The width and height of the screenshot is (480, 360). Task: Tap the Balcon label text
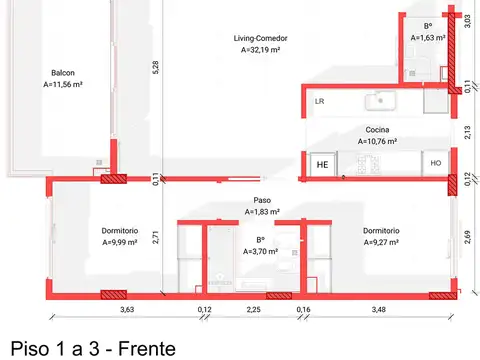tap(62, 73)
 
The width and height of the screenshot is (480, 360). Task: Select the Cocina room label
tap(378, 130)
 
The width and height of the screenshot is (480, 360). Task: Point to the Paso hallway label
tap(262, 199)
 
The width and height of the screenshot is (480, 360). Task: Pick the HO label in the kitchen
tap(436, 163)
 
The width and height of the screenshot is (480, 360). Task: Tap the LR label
tap(320, 102)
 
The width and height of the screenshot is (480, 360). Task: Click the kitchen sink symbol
tap(381, 100)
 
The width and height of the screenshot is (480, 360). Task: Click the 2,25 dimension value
tap(254, 310)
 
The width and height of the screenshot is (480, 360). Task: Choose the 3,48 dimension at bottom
tap(378, 310)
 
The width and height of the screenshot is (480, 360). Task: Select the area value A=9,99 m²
tap(125, 241)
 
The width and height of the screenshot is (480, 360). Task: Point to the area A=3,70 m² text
tap(261, 252)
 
